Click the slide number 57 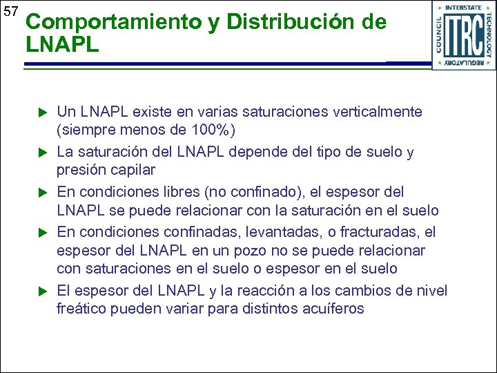point(10,11)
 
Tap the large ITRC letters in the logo point(463,35)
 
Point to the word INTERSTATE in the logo point(464,8)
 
